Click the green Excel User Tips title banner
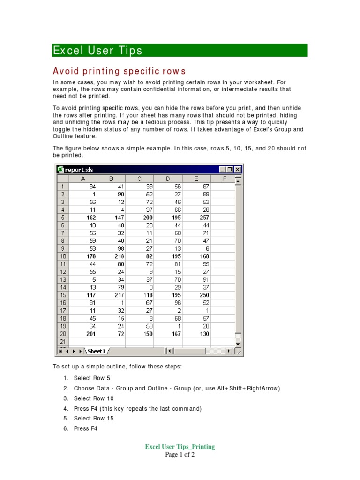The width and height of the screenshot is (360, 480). [180, 50]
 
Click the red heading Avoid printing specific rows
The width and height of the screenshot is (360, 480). [119, 71]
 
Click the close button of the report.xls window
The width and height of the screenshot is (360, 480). [238, 170]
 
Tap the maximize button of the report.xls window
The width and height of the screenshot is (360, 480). [230, 170]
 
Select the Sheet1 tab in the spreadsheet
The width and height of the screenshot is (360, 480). [97, 351]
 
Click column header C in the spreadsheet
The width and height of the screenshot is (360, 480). [139, 179]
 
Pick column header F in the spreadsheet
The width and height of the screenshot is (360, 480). [224, 179]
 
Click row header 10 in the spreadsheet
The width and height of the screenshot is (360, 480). [63, 256]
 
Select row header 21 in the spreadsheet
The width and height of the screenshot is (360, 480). [63, 342]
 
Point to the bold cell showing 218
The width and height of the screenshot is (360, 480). [112, 256]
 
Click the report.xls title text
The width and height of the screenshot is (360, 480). [79, 170]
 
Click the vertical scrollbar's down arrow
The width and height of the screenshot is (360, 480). [238, 344]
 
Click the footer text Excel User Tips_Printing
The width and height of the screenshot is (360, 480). [180, 447]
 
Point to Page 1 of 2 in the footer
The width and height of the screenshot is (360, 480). [180, 455]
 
